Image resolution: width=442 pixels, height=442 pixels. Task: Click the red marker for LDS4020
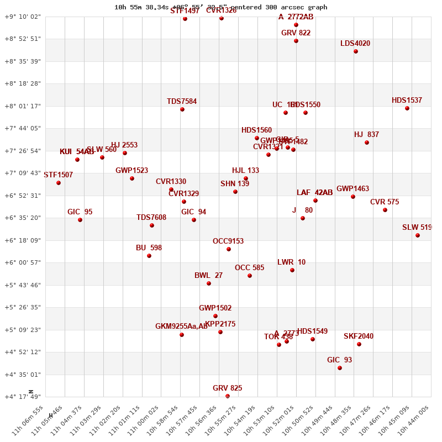356,51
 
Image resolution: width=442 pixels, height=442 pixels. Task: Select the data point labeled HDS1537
407,108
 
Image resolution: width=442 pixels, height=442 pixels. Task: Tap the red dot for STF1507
59,183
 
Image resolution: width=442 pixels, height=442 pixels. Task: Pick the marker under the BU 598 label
149,256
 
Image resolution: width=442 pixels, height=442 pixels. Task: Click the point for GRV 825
228,396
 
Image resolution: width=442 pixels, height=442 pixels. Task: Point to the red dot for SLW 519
418,235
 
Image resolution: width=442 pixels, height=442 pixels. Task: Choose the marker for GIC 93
340,368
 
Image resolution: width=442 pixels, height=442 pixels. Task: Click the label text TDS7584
182,102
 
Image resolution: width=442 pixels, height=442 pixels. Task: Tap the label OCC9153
228,241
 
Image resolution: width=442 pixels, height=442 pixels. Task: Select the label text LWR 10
291,262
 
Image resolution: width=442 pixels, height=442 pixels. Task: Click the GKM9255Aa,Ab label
182,327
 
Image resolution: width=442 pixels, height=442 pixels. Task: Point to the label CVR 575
385,202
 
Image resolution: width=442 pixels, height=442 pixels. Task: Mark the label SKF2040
359,336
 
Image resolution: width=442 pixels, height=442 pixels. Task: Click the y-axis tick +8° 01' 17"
23,106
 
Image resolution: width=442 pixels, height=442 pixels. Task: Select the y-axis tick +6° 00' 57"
23,263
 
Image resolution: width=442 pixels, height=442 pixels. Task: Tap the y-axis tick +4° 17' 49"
23,397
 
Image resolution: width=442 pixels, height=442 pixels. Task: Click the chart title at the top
221,7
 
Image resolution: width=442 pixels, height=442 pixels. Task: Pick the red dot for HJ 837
367,143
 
